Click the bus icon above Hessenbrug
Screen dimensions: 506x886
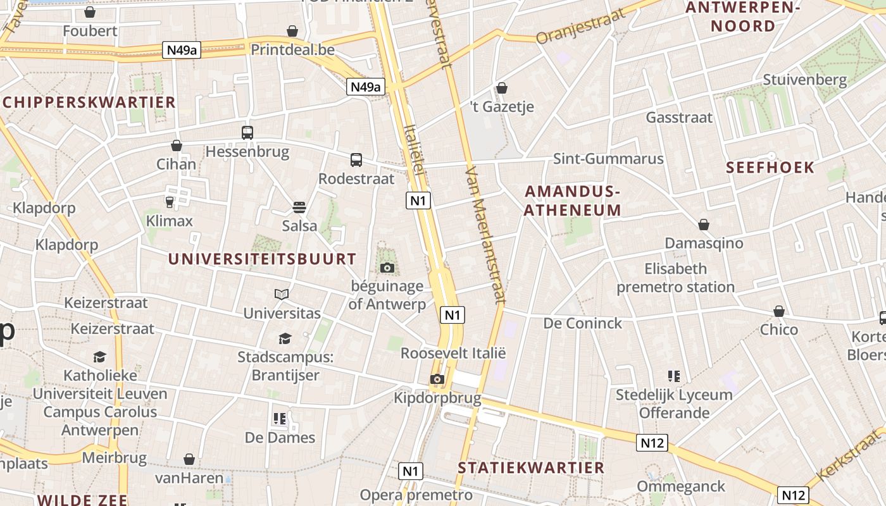[x=247, y=133]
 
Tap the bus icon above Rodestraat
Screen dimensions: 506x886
[x=356, y=160]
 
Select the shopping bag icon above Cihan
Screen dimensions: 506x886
[x=177, y=145]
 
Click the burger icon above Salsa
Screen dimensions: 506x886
[x=299, y=207]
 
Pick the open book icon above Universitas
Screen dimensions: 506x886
[x=282, y=294]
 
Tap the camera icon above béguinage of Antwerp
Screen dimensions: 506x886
[x=387, y=268]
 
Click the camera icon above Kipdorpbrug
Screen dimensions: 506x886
[x=437, y=379]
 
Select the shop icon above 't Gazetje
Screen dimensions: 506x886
[x=502, y=88]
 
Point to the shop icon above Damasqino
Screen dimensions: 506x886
[x=704, y=225]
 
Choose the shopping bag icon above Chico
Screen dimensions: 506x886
[x=779, y=311]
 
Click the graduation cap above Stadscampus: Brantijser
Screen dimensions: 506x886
[x=285, y=339]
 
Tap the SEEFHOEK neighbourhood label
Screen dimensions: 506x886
[x=770, y=168]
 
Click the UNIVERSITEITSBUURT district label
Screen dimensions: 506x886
[x=262, y=259]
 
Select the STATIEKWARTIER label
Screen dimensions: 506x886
[x=531, y=468]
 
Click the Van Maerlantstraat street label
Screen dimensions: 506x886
[x=485, y=235]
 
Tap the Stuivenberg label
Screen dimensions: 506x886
[x=804, y=80]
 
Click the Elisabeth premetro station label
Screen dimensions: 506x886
[x=675, y=278]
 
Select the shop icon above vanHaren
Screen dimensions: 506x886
[x=189, y=459]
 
